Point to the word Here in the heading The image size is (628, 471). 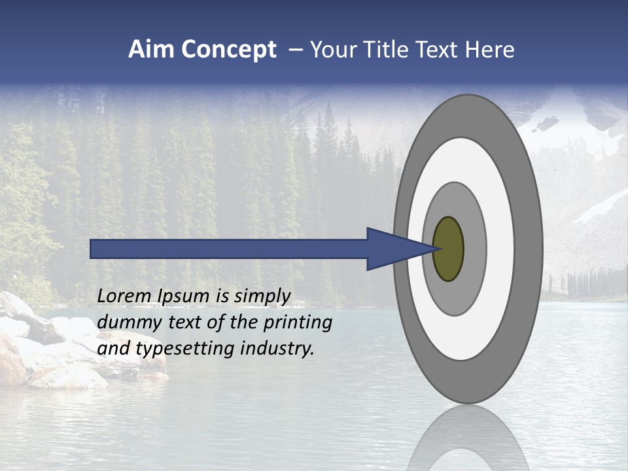(x=491, y=50)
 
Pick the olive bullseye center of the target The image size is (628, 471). (x=448, y=249)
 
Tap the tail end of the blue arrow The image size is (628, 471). (x=92, y=249)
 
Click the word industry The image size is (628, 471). (x=277, y=349)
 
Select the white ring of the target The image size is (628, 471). (x=500, y=249)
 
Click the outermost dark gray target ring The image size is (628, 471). (x=531, y=249)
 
